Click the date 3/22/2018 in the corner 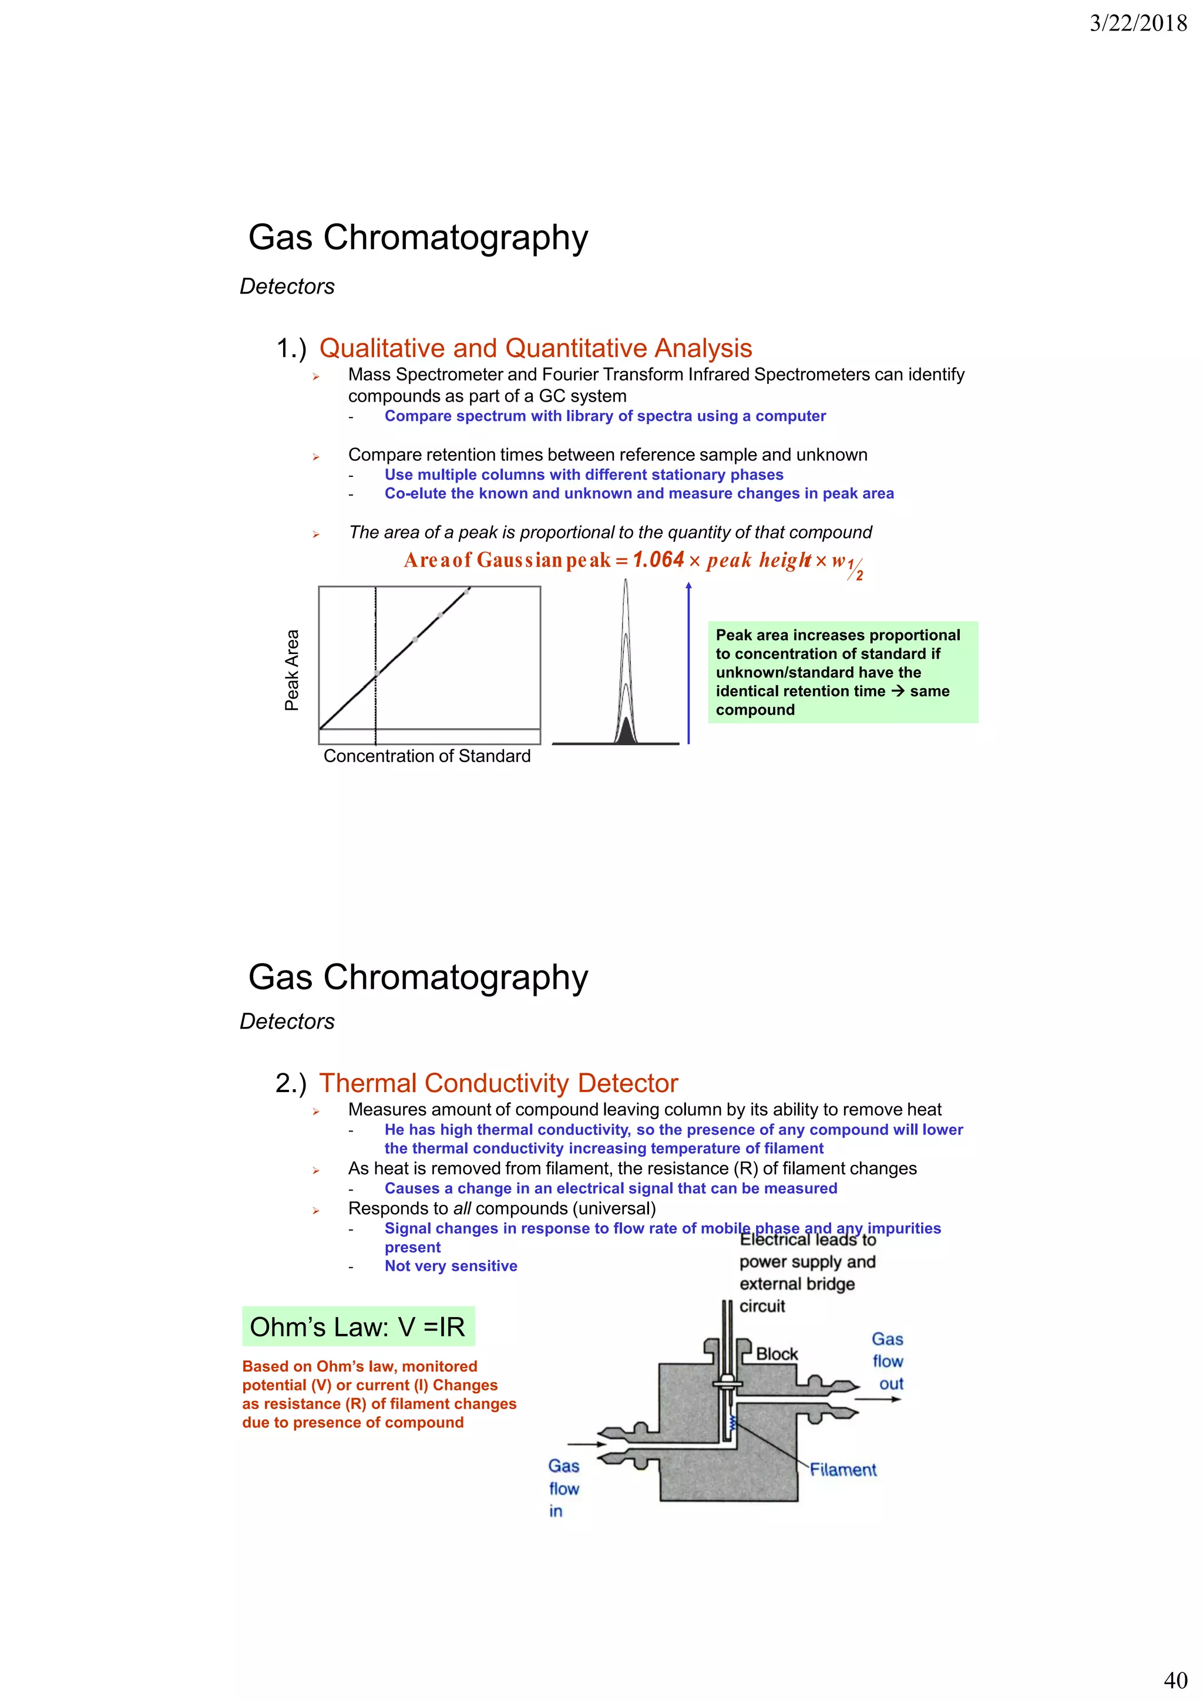pos(1138,23)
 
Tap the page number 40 pos(1175,1679)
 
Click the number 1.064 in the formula pos(658,560)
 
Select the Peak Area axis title pos(292,670)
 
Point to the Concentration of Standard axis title pos(427,756)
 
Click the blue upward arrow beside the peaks pos(688,662)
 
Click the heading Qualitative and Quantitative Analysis pos(535,348)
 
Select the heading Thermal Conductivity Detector pos(498,1083)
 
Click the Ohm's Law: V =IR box pos(358,1327)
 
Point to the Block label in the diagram pos(777,1354)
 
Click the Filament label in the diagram pos(843,1470)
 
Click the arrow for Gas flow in pos(586,1444)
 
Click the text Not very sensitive pos(451,1266)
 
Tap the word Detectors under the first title pos(287,287)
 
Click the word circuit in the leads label pos(762,1306)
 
